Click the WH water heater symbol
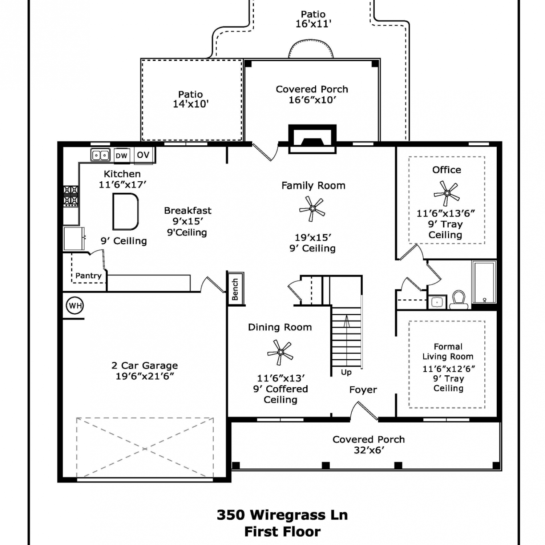75,306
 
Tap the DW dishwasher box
122,156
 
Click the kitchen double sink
100,155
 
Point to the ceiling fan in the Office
447,193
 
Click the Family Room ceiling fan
312,209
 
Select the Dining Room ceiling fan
280,352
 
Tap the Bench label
235,290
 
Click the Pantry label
88,276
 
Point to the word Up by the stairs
346,372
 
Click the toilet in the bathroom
459,300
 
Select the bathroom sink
437,302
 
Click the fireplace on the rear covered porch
312,139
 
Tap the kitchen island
125,211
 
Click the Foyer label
363,390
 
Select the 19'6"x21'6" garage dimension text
145,376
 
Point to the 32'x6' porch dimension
369,450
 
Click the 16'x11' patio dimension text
313,24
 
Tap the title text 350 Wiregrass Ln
282,515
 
